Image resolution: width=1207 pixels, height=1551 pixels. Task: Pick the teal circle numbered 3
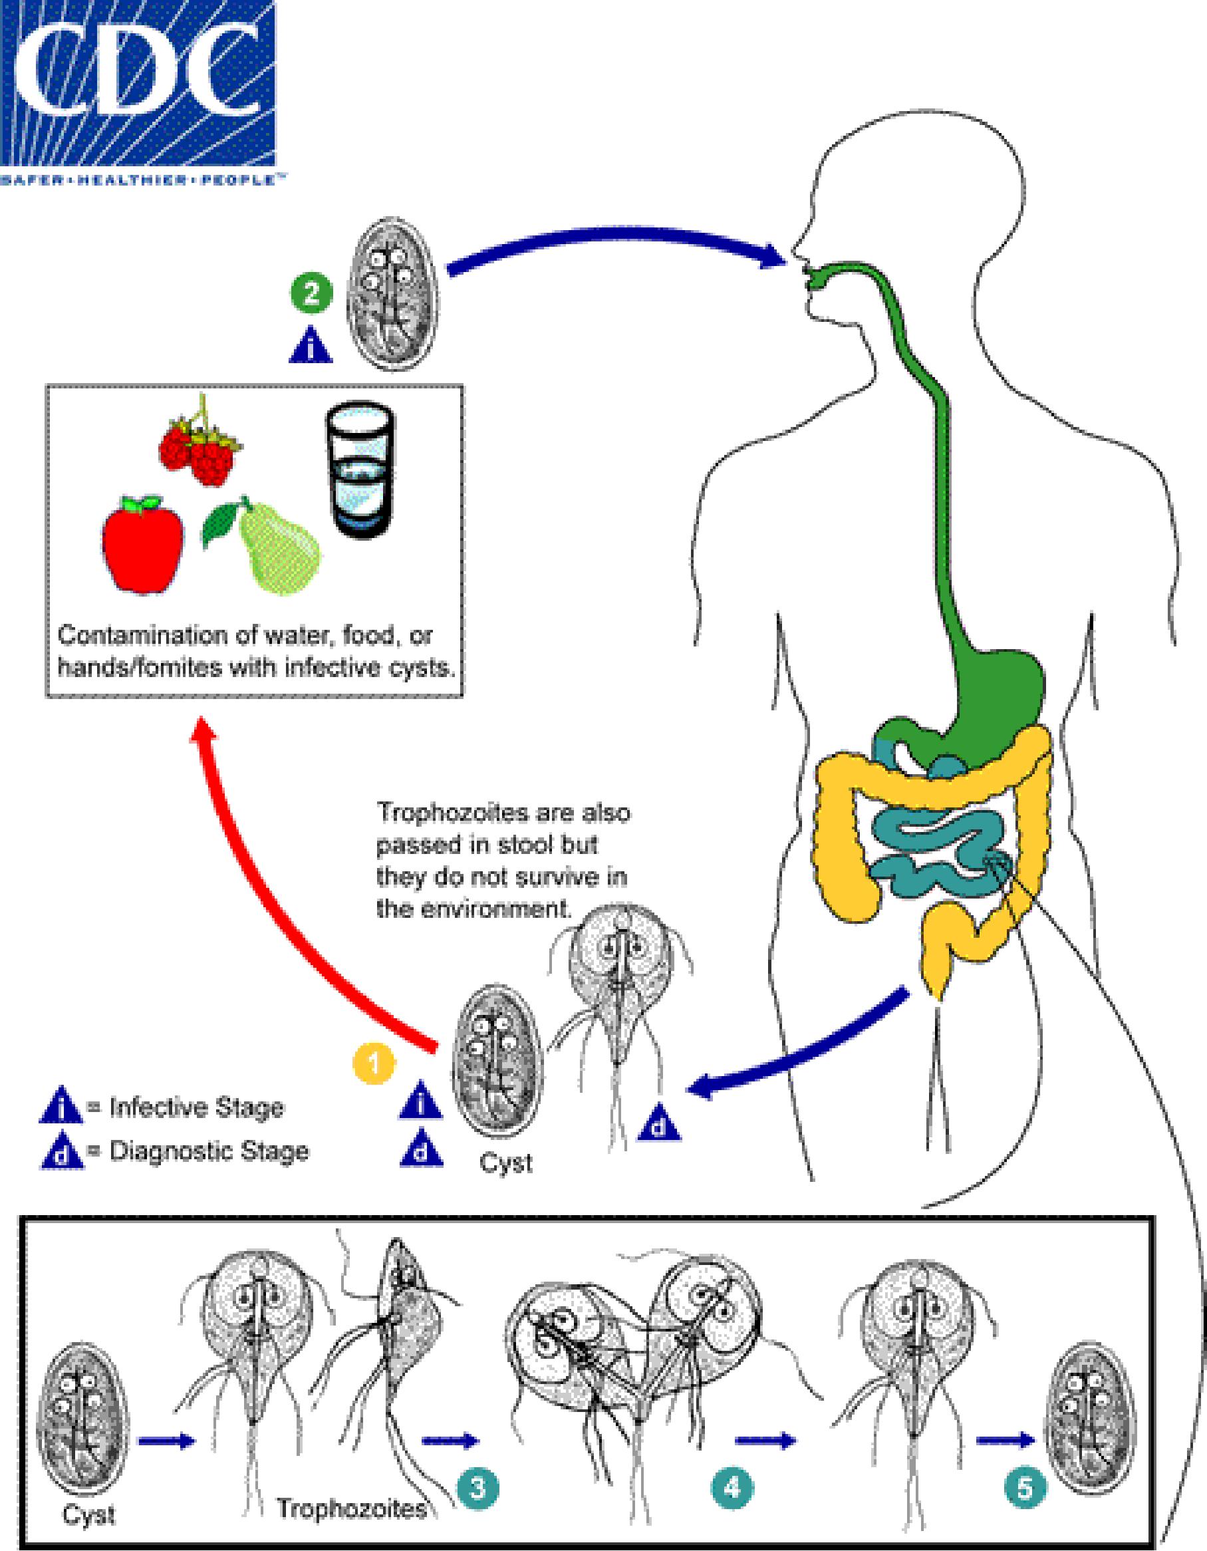pyautogui.click(x=478, y=1484)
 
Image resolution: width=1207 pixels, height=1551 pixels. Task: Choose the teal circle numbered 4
pyautogui.click(x=732, y=1484)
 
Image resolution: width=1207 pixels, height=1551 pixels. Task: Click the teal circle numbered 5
pyautogui.click(x=1025, y=1484)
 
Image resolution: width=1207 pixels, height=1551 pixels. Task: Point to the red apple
pyautogui.click(x=143, y=545)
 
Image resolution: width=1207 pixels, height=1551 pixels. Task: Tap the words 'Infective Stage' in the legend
pyautogui.click(x=196, y=1108)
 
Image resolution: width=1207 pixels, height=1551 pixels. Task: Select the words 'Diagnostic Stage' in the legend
pyautogui.click(x=209, y=1151)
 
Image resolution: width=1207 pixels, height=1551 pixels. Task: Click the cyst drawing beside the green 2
pyautogui.click(x=392, y=293)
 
